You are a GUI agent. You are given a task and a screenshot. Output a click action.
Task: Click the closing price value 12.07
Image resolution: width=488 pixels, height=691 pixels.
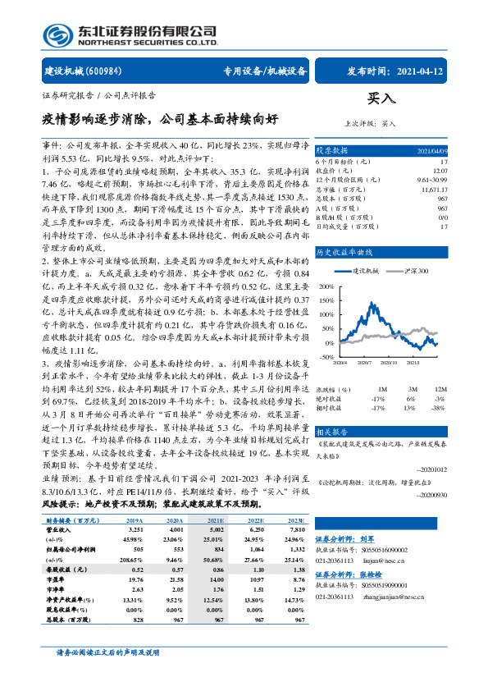coord(441,171)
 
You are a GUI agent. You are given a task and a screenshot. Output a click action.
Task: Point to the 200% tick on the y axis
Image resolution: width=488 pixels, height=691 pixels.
coord(327,287)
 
